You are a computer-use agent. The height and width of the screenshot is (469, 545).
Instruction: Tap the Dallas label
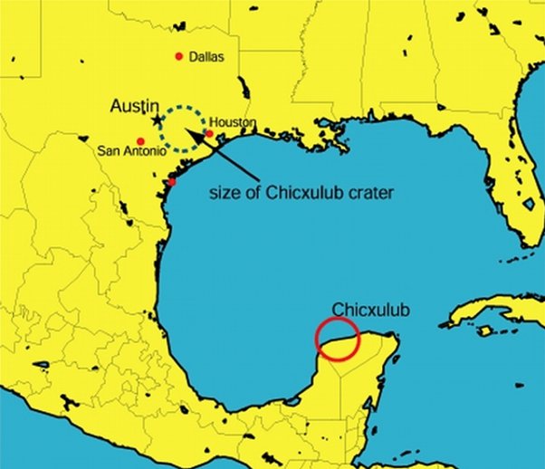tap(206, 57)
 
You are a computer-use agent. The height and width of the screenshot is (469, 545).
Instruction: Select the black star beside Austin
tap(158, 119)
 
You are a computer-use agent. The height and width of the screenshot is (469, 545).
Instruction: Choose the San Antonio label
tap(132, 150)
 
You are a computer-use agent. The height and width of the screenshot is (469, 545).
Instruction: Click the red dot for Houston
tap(209, 133)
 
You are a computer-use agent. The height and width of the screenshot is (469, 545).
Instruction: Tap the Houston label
tap(233, 122)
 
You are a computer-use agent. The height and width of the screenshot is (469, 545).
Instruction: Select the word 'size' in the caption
tap(225, 192)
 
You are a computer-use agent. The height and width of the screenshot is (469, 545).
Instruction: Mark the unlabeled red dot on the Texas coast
tap(172, 181)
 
